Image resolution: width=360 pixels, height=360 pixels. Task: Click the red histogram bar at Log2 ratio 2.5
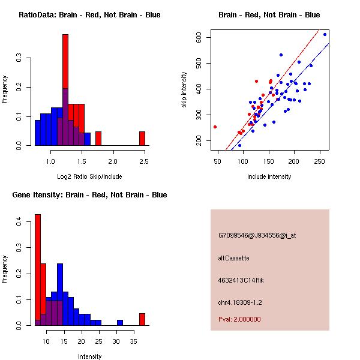pos(142,139)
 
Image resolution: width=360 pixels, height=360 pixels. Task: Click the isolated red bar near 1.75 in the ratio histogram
pos(98,139)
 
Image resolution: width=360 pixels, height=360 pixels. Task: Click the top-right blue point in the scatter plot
pos(325,35)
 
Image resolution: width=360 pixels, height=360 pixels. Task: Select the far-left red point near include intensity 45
pos(215,127)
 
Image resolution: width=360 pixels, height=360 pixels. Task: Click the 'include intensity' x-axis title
pos(269,176)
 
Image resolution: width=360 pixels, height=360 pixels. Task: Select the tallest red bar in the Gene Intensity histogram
pos(37,270)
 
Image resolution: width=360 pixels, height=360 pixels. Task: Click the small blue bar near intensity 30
pos(120,323)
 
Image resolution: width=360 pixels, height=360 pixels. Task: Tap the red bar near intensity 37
pos(142,319)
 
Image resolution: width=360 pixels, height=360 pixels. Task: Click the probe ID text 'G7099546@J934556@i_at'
pos(257,235)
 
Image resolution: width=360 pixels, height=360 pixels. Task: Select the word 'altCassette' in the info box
pos(233,258)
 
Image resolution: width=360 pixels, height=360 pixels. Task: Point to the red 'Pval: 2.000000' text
pos(239,319)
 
